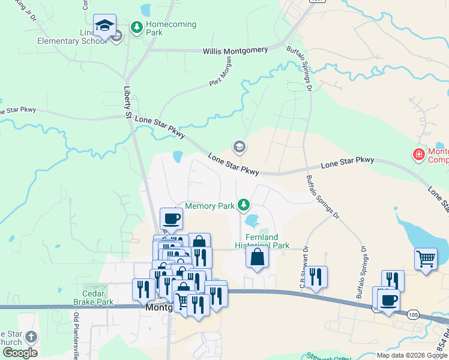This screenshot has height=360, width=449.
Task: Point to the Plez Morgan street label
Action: pyautogui.click(x=220, y=73)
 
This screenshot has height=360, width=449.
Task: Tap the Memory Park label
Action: pyautogui.click(x=209, y=206)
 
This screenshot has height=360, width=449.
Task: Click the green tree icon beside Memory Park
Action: pyautogui.click(x=244, y=206)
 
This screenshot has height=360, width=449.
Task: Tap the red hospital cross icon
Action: pyautogui.click(x=418, y=155)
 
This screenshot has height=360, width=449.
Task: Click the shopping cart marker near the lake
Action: pyautogui.click(x=426, y=259)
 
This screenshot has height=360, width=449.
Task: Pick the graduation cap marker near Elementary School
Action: pyautogui.click(x=104, y=25)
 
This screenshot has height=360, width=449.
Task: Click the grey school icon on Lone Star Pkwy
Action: pyautogui.click(x=239, y=146)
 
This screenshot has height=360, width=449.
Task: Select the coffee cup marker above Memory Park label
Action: pyautogui.click(x=172, y=218)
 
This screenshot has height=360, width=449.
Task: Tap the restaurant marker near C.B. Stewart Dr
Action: pyautogui.click(x=316, y=277)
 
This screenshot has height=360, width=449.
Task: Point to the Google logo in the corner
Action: pyautogui.click(x=19, y=353)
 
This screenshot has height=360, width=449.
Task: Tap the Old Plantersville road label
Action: pyautogui.click(x=76, y=337)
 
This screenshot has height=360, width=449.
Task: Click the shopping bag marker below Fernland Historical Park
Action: pyautogui.click(x=257, y=257)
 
